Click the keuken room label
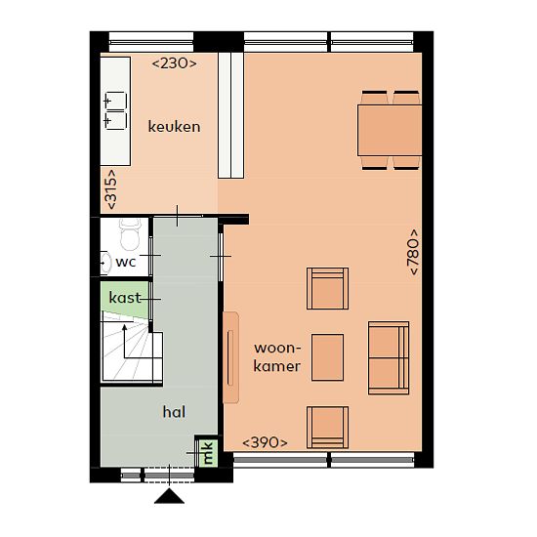(x=174, y=127)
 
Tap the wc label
(x=126, y=262)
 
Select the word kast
(x=125, y=297)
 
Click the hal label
(x=174, y=412)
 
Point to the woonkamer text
(x=277, y=357)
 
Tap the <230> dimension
(x=174, y=63)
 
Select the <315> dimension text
(x=111, y=189)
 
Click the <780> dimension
(x=412, y=252)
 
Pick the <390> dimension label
(x=265, y=442)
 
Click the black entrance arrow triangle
(x=169, y=496)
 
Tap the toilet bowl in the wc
(x=130, y=235)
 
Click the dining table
(x=390, y=131)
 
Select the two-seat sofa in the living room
(x=389, y=358)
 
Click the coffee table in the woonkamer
(x=327, y=357)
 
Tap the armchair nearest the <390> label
(x=327, y=428)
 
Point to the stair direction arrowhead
(x=125, y=328)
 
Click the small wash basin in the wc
(x=105, y=263)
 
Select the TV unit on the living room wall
(x=230, y=357)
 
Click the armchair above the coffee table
(x=327, y=288)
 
